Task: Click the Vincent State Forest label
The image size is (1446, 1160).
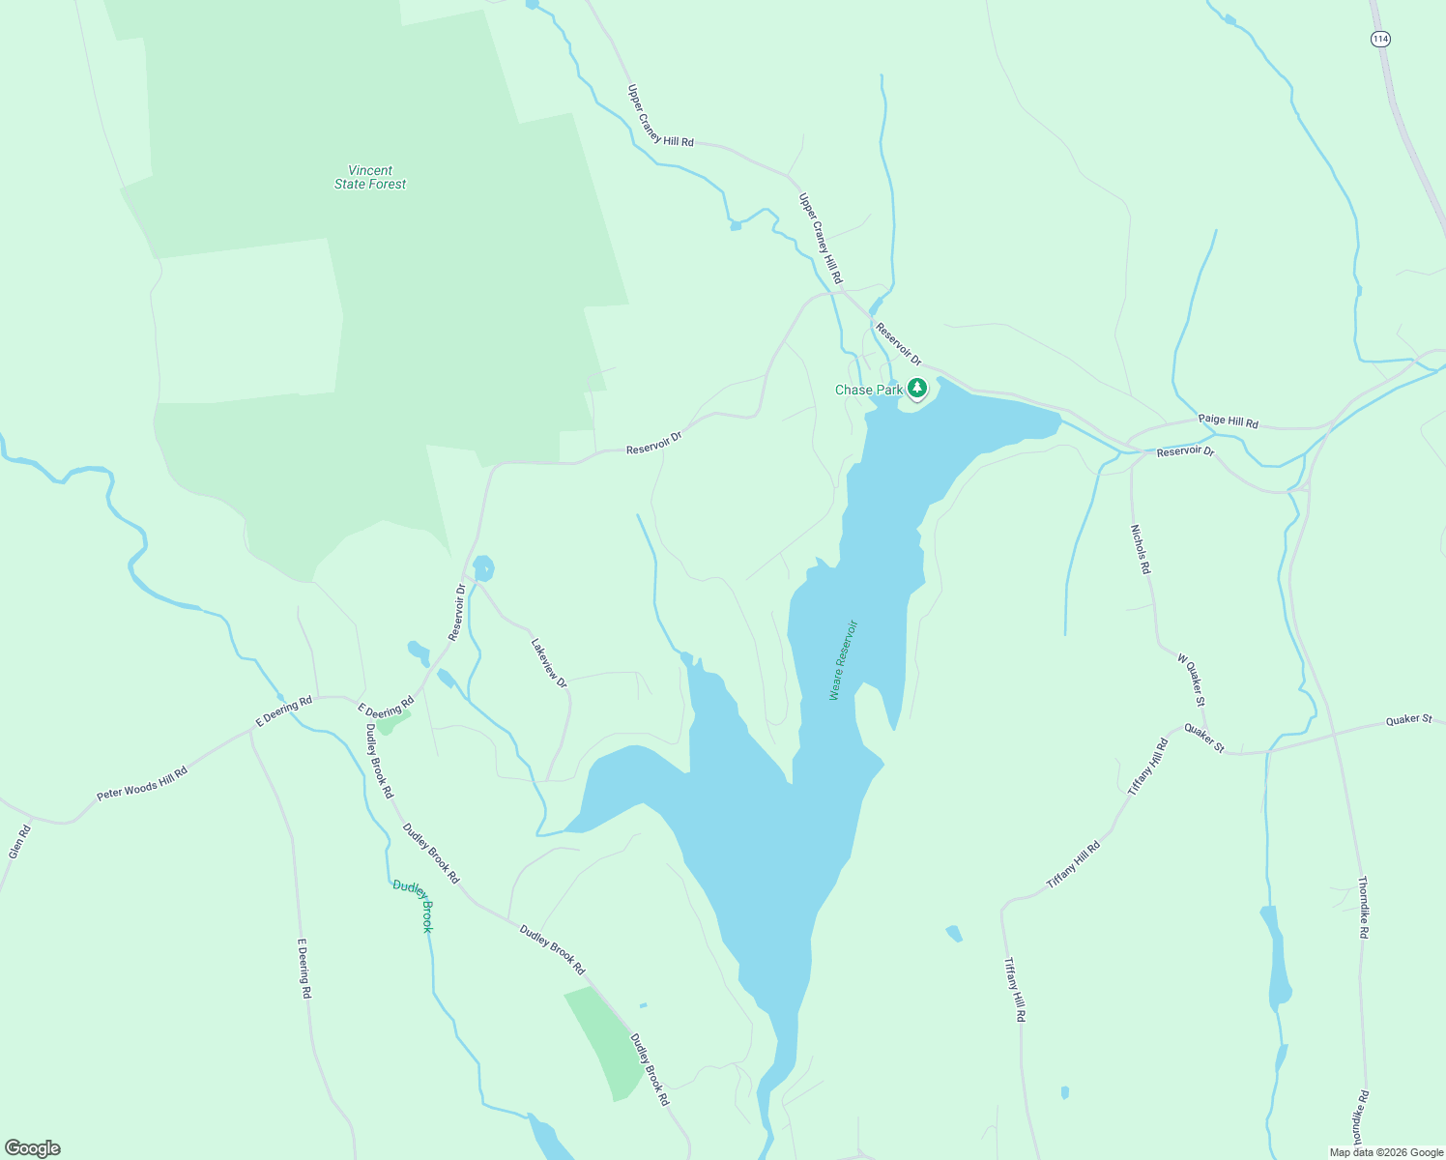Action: [370, 177]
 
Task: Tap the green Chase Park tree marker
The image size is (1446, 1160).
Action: [917, 389]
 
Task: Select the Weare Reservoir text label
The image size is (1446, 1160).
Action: [843, 660]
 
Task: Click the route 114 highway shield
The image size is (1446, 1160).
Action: [1380, 39]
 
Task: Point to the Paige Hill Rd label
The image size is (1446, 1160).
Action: [1228, 421]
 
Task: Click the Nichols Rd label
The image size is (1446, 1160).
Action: [1141, 549]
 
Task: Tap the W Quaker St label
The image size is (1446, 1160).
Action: [1191, 679]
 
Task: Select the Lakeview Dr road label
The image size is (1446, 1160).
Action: [548, 662]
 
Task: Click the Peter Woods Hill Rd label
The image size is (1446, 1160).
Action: [141, 780]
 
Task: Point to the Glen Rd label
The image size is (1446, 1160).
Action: [19, 842]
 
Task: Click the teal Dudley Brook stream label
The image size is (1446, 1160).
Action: [414, 905]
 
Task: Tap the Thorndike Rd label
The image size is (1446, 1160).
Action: [1363, 908]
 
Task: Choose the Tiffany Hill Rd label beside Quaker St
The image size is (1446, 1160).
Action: [1148, 767]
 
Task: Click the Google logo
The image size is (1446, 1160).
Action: [33, 1148]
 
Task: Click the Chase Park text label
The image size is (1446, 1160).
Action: [868, 391]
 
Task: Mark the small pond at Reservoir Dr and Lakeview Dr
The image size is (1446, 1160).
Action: [483, 568]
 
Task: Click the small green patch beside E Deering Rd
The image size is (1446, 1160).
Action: [392, 721]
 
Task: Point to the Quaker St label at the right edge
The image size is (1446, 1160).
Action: [1408, 719]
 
